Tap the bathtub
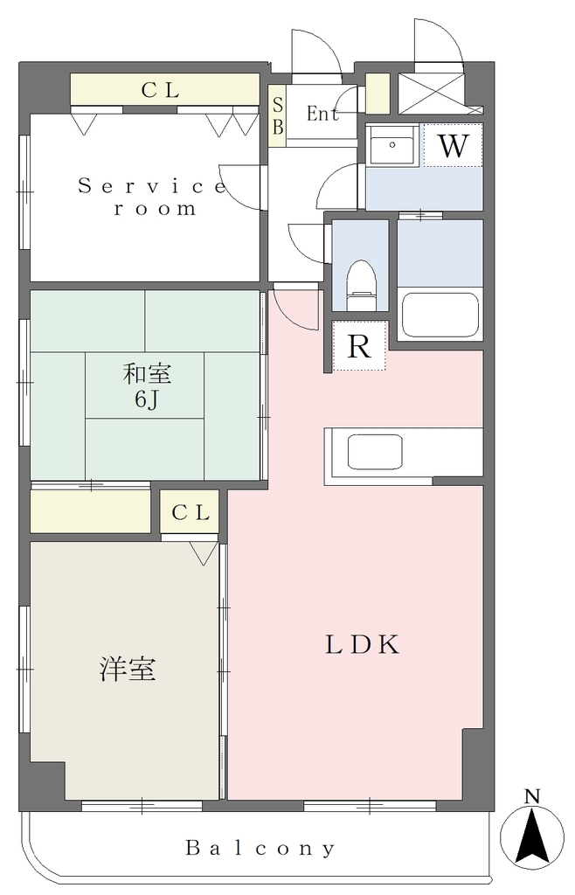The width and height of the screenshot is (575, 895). [x=440, y=316]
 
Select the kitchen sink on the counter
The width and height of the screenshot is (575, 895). [x=375, y=452]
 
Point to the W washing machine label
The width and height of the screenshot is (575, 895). [x=453, y=146]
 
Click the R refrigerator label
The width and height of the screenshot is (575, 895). [x=359, y=346]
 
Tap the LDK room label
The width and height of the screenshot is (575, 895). [x=363, y=644]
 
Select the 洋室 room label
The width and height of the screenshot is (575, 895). [x=128, y=669]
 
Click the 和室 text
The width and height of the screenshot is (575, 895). [x=147, y=374]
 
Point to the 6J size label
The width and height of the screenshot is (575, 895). [x=146, y=399]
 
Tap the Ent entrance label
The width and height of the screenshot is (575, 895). [x=322, y=114]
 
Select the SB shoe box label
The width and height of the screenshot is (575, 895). [x=278, y=116]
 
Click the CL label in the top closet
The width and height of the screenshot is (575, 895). [x=161, y=90]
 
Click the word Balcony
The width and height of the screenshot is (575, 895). [x=260, y=848]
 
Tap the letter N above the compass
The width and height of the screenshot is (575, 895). [x=532, y=795]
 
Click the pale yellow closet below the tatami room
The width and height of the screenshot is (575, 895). [x=90, y=511]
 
